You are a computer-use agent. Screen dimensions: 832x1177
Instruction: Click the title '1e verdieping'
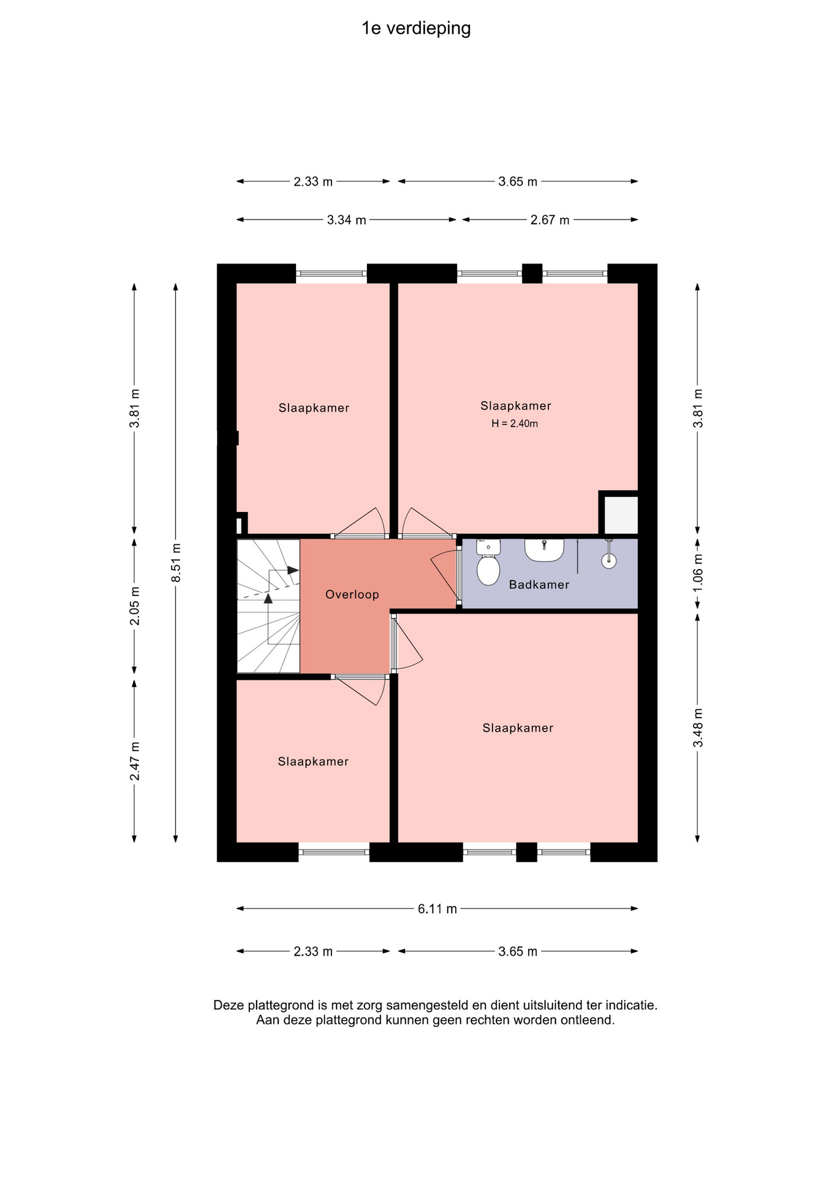pos(416,29)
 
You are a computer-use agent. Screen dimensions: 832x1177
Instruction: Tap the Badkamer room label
pos(539,585)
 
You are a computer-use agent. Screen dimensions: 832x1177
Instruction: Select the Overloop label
pos(352,595)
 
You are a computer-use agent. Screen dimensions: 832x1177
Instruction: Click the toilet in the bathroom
pos(488,562)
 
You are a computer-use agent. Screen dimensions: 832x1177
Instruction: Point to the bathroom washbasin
pos(544,550)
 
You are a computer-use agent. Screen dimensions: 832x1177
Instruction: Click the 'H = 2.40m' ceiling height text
pos(515,424)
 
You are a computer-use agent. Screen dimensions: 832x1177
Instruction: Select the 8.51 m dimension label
pos(176,563)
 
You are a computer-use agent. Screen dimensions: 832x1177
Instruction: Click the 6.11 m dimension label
pos(437,908)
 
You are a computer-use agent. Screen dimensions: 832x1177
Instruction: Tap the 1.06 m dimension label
pos(698,573)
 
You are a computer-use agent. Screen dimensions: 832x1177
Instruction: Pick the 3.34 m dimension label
pos(346,220)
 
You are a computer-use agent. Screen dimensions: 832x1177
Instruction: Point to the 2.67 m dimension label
pos(550,220)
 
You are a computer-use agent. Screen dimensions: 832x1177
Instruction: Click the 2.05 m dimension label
pos(135,606)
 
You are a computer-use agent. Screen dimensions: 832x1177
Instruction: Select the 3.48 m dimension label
pos(698,728)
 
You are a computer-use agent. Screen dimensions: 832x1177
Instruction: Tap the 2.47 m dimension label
pos(135,761)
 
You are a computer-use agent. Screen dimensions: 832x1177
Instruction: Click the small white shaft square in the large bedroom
pos(621,515)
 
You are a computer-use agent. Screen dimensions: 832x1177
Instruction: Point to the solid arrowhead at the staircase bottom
pos(268,598)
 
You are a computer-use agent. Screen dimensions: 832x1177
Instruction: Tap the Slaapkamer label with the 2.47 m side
pos(313,761)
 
